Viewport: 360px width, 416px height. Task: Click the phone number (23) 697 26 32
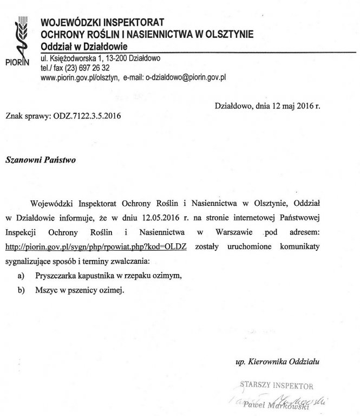(87, 68)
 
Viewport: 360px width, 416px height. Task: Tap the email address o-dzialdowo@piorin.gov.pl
(184, 78)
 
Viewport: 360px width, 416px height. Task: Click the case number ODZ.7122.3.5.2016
(86, 116)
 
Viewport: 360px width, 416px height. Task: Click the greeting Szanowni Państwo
(41, 160)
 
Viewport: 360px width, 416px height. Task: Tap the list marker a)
(21, 275)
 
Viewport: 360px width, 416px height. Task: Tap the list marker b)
(21, 290)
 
